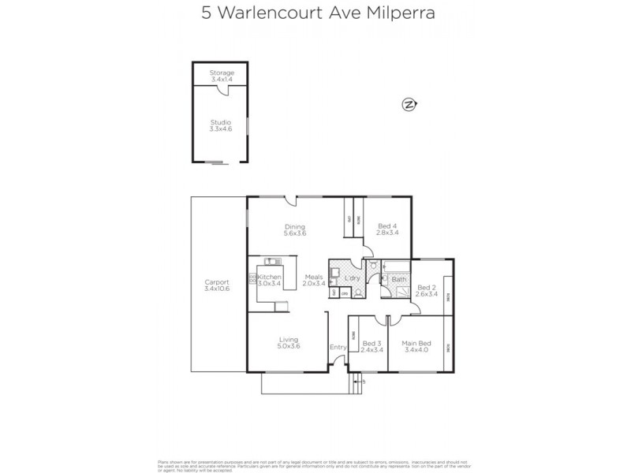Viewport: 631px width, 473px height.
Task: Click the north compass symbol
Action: (x=409, y=104)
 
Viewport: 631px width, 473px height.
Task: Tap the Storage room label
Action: (x=222, y=76)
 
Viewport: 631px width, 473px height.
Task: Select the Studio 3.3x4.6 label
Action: (x=221, y=126)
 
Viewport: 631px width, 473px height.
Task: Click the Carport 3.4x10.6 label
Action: (x=216, y=285)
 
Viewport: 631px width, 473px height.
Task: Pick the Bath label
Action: (x=399, y=279)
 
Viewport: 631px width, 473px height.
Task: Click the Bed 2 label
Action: (x=427, y=290)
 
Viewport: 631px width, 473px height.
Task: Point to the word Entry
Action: (x=338, y=347)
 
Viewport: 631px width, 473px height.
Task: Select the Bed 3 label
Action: (x=372, y=346)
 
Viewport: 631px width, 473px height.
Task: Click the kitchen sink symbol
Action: (x=270, y=261)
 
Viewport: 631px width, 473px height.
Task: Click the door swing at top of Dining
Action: (x=291, y=202)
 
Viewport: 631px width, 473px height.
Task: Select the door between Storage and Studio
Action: (x=226, y=91)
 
